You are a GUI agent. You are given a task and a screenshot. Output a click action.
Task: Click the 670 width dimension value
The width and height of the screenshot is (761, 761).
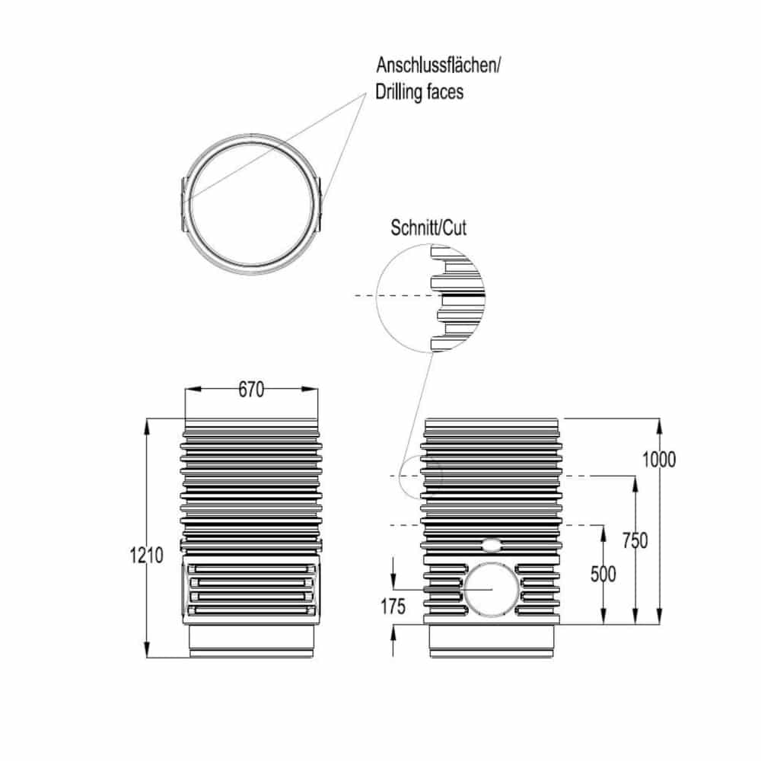[x=251, y=390]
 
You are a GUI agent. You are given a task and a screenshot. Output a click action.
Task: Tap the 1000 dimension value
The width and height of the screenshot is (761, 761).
[x=659, y=460]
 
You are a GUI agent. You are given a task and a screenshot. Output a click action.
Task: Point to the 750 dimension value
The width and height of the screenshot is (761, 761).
[x=635, y=541]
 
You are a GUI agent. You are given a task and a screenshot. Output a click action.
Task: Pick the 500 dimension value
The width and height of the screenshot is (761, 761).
[x=603, y=574]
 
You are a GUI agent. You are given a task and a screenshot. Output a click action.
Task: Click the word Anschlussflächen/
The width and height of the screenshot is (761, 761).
[x=438, y=65]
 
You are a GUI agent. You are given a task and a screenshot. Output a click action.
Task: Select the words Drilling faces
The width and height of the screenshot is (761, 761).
[x=419, y=93]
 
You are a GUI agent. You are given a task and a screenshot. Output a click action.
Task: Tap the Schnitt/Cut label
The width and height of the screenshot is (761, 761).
[x=428, y=228]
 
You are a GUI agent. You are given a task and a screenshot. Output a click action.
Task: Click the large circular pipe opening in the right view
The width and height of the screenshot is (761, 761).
[x=492, y=589]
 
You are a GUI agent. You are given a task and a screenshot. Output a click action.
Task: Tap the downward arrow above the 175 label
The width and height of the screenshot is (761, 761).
[x=393, y=578]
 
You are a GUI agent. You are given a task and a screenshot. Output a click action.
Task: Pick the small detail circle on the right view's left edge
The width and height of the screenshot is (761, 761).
[x=421, y=476]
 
